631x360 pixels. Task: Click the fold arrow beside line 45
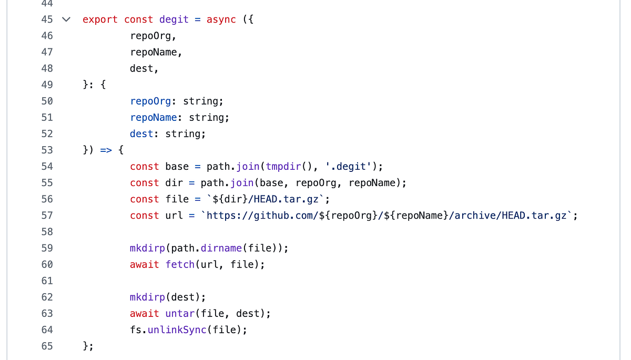pyautogui.click(x=66, y=19)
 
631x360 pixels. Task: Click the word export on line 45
pyautogui.click(x=100, y=19)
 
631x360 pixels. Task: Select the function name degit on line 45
pyautogui.click(x=174, y=19)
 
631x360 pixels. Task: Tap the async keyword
pyautogui.click(x=221, y=19)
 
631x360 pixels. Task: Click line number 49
pyautogui.click(x=47, y=85)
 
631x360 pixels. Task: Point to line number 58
pyautogui.click(x=47, y=232)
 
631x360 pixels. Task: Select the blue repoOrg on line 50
pyautogui.click(x=150, y=101)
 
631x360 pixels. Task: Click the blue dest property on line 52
pyautogui.click(x=141, y=133)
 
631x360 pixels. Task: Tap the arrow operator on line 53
pyautogui.click(x=106, y=150)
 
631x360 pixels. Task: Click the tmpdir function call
pyautogui.click(x=283, y=167)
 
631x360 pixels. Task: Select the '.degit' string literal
pyautogui.click(x=349, y=167)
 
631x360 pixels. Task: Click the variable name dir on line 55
pyautogui.click(x=174, y=183)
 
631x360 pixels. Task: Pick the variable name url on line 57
pyautogui.click(x=174, y=215)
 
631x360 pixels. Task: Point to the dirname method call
pyautogui.click(x=221, y=248)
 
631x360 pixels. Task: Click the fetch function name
pyautogui.click(x=180, y=264)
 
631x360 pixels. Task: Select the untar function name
pyautogui.click(x=180, y=313)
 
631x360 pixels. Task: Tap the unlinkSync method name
pyautogui.click(x=177, y=330)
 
